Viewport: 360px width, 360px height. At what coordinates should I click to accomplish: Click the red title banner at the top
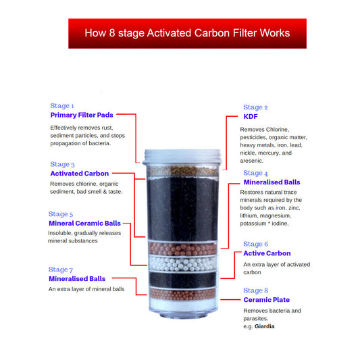187,33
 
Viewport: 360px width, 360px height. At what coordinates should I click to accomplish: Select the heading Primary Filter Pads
82,115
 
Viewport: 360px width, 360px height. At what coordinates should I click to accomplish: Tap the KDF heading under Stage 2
251,116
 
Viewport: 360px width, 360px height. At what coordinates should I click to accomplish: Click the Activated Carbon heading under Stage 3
79,174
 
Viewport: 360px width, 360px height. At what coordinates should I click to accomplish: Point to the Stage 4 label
255,173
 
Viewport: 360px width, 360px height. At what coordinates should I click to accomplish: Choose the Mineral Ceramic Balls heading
84,223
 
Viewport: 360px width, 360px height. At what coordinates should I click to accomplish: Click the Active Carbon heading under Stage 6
267,253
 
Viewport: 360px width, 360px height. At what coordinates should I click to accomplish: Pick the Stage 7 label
61,269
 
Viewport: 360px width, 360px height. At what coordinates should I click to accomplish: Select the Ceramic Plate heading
266,299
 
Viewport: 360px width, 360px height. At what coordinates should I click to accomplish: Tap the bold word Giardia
264,326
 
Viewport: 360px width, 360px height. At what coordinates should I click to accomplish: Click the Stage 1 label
62,105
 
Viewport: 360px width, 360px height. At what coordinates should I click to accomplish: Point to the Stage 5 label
61,214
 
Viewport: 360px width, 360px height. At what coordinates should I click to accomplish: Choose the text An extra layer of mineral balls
86,289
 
